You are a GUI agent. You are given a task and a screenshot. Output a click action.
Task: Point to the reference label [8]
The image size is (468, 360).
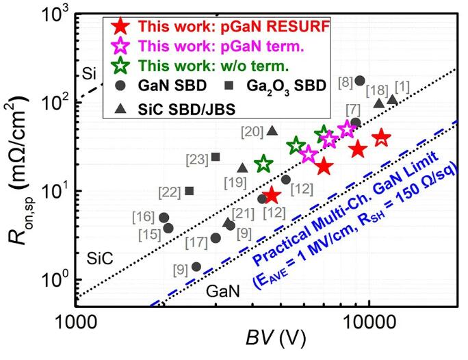346,83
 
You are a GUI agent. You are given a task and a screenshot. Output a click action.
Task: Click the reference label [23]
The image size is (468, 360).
196,159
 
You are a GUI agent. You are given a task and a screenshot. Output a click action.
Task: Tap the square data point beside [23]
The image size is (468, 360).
216,157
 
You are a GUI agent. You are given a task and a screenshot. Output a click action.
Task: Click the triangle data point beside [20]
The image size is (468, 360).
272,131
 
